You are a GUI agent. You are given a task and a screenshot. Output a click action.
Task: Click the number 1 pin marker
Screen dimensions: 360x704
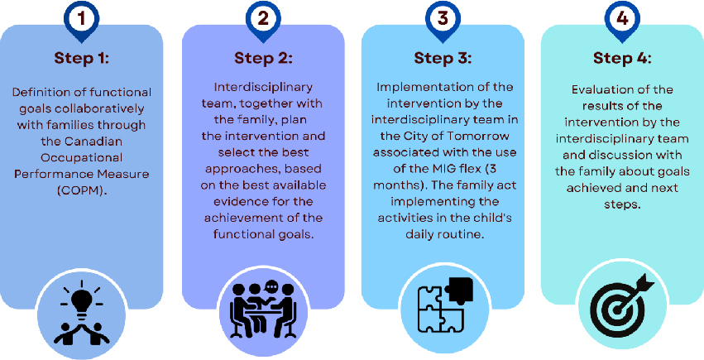tap(80, 19)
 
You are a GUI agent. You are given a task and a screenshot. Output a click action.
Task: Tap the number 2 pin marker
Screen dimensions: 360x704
tap(262, 19)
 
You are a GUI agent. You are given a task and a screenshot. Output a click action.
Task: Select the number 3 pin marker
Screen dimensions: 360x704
tap(443, 19)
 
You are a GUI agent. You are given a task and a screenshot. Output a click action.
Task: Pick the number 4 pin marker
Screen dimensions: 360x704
tap(622, 19)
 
